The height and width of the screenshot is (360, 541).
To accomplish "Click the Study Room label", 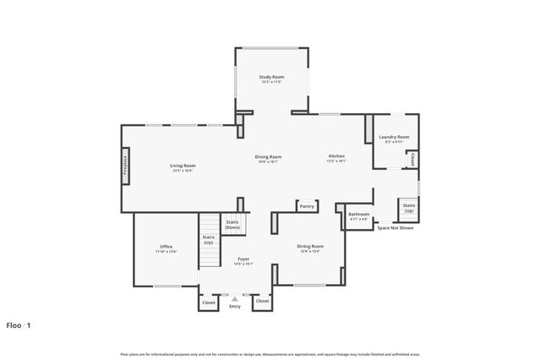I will point(271,77).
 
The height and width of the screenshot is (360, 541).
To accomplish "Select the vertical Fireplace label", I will point(125,165).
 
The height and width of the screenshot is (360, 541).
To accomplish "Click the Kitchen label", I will point(336,156).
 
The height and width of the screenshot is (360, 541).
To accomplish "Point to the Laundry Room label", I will point(394,137).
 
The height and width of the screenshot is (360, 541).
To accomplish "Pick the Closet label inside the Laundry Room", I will point(413,159).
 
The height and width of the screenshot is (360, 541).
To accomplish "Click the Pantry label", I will point(306,205).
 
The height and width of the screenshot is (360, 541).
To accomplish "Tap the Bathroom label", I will point(359,215).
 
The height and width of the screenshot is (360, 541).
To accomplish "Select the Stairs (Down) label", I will point(232,225).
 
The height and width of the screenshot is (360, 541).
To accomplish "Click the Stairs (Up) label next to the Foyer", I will point(208,240).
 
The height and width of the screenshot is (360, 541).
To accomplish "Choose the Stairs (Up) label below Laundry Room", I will point(408,208).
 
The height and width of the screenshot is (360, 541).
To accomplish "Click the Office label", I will point(166,247).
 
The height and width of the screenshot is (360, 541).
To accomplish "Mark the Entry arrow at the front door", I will point(235,298).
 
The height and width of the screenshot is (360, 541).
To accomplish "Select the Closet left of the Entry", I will point(209,302).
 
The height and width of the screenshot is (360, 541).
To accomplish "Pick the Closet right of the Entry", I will point(262,301).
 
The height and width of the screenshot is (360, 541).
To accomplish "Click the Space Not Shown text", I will point(395,228).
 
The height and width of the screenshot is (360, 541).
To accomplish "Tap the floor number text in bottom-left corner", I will point(19,325).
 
